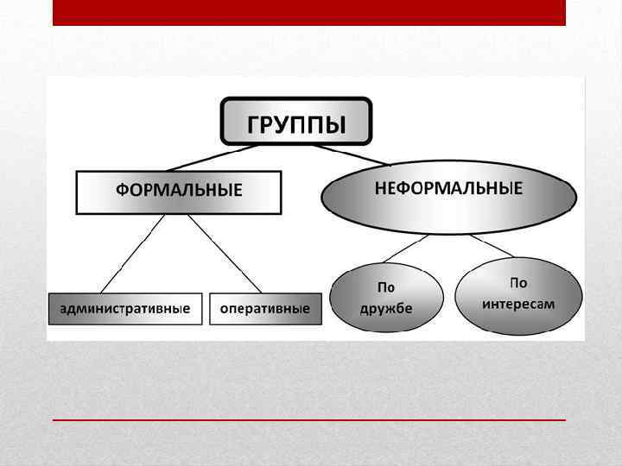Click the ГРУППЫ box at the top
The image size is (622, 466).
point(296,121)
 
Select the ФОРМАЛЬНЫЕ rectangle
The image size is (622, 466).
point(179,192)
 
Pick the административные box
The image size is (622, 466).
point(125,309)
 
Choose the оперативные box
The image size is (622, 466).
point(265,309)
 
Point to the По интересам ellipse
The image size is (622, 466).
point(518,295)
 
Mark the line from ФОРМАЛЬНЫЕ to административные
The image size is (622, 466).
point(132,254)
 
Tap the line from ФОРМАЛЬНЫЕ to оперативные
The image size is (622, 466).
point(225,254)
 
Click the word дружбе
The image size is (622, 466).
point(385,307)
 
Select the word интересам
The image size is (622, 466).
point(518,304)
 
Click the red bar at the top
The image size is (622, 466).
point(308,12)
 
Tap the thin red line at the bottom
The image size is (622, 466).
point(308,419)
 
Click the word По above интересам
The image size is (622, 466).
point(518,283)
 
